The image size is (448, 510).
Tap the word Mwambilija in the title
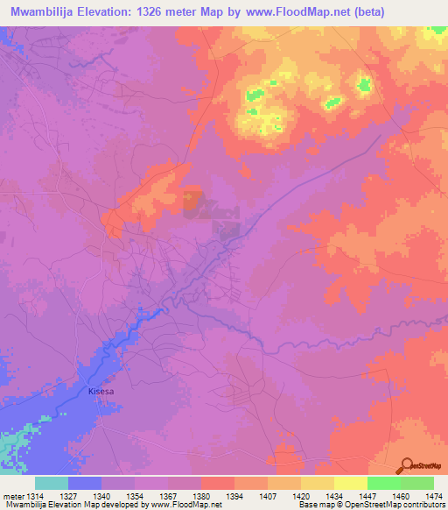[x=40, y=11]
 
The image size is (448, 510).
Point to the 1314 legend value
[x=33, y=496]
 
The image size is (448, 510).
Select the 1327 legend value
[x=70, y=496]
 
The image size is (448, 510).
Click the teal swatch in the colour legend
[x=52, y=483]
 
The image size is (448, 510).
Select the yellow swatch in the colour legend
[x=350, y=483]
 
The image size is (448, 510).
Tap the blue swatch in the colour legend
[x=85, y=483]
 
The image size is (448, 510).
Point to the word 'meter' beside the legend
[x=11, y=496]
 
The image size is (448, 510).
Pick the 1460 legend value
[x=397, y=496]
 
